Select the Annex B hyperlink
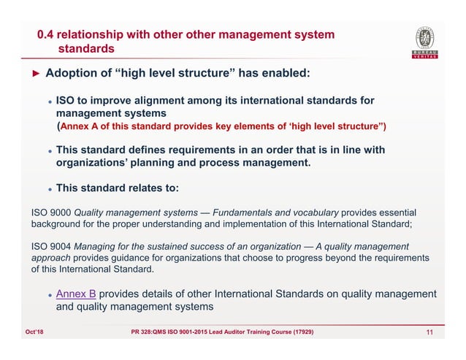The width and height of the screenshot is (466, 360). pos(76,294)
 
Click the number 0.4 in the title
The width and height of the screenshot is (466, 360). pos(46,34)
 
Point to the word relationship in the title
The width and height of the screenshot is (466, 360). pos(95,34)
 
